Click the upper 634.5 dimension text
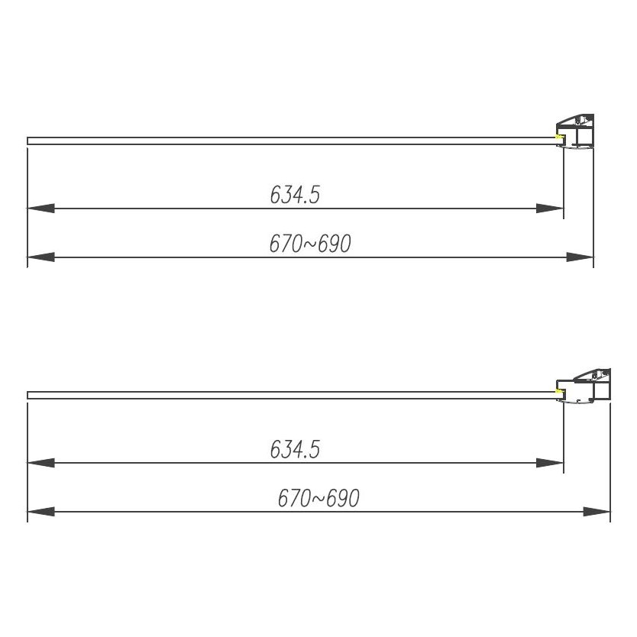pyautogui.click(x=294, y=196)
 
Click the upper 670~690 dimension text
pyautogui.click(x=309, y=244)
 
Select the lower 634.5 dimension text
pyautogui.click(x=294, y=450)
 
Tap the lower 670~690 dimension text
pyautogui.click(x=318, y=499)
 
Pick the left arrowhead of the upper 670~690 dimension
pyautogui.click(x=40, y=257)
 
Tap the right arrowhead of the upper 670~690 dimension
pyautogui.click(x=580, y=257)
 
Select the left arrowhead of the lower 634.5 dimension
pyautogui.click(x=40, y=463)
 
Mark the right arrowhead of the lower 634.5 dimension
pyautogui.click(x=550, y=463)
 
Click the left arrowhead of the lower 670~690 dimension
pyautogui.click(x=40, y=512)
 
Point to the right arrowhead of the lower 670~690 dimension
pyautogui.click(x=597, y=512)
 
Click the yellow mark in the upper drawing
pyautogui.click(x=559, y=138)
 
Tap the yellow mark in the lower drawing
pyautogui.click(x=559, y=393)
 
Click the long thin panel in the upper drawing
pyautogui.click(x=290, y=141)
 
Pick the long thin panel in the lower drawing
pyautogui.click(x=290, y=395)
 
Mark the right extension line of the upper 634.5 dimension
pyautogui.click(x=564, y=183)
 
